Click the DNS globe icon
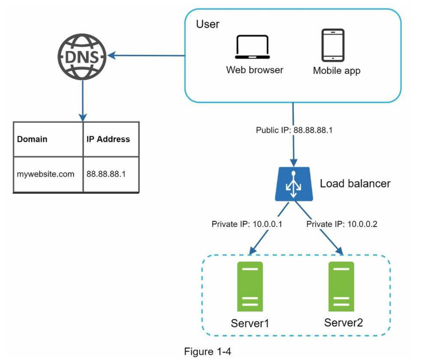(x=82, y=57)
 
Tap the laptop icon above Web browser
(x=252, y=47)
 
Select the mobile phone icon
(x=333, y=45)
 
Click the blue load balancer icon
(x=294, y=184)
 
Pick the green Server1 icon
(x=250, y=287)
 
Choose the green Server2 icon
(x=341, y=287)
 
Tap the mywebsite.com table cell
(x=48, y=174)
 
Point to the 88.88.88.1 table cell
(x=111, y=174)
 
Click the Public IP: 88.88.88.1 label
(x=294, y=130)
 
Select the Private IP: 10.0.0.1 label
(x=247, y=224)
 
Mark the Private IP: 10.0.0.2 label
(x=341, y=224)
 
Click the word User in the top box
(x=207, y=24)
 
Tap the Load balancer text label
(x=355, y=184)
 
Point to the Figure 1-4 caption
(x=207, y=352)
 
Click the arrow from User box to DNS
(x=146, y=55)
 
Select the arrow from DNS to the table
(x=83, y=101)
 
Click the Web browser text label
(x=254, y=70)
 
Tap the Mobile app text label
(x=337, y=71)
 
